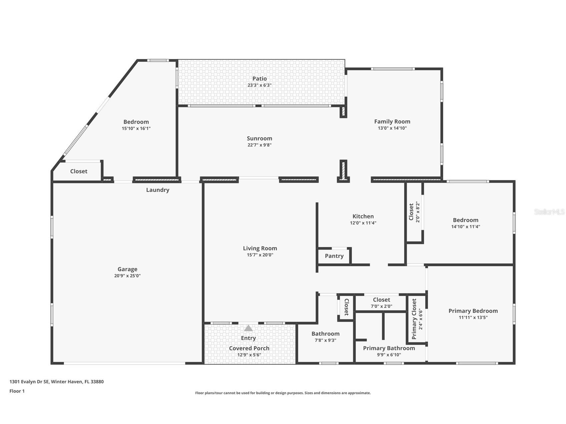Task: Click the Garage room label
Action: (x=127, y=269)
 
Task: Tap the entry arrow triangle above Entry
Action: (x=248, y=328)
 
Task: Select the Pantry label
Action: (x=334, y=256)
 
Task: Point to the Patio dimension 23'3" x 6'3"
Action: (x=259, y=85)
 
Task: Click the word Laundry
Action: (x=157, y=190)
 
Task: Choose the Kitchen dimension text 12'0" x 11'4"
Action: (x=363, y=223)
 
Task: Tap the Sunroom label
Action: (x=259, y=138)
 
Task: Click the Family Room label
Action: (x=392, y=122)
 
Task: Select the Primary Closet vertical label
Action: (x=414, y=319)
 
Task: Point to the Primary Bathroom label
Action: (x=389, y=348)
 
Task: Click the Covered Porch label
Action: (x=249, y=348)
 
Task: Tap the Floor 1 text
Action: (x=17, y=391)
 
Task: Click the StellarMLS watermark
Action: (x=549, y=212)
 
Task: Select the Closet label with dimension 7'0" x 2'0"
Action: (x=381, y=300)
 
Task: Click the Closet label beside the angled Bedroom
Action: (x=78, y=171)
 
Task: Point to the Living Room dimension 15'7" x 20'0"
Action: (x=259, y=255)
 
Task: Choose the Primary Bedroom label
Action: (x=473, y=311)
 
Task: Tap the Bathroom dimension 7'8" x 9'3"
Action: (x=325, y=340)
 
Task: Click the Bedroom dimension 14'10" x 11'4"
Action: (x=465, y=227)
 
